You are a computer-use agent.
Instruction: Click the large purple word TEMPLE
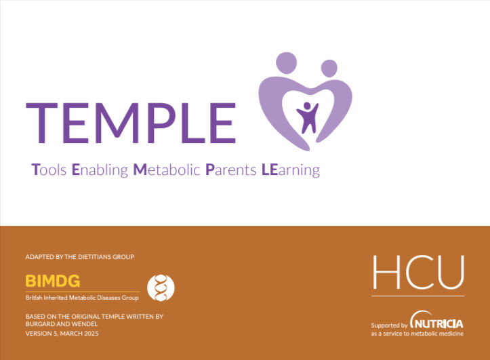tap(131, 123)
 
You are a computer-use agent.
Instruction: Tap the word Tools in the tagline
tap(49, 169)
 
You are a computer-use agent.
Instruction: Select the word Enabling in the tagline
tap(100, 170)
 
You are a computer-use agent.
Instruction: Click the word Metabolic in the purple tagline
tap(167, 169)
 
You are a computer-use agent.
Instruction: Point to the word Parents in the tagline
tap(231, 169)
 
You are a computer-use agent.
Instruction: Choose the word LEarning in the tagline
tap(291, 170)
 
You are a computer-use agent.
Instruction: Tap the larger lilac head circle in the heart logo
tap(286, 63)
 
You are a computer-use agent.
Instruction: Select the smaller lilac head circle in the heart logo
tap(329, 68)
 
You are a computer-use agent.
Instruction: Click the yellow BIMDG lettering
tap(52, 281)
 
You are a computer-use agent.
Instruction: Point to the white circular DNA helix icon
tap(161, 288)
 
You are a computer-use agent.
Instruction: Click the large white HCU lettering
tap(418, 272)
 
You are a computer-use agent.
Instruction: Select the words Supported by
tap(389, 325)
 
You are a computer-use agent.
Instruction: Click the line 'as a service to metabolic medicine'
tap(417, 334)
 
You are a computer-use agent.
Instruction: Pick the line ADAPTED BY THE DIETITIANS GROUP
tap(80, 257)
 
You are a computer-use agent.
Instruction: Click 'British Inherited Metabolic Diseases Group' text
tap(82, 298)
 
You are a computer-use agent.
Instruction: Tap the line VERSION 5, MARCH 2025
tap(62, 334)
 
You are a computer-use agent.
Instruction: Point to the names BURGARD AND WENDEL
tap(62, 324)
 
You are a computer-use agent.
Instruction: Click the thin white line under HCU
tap(418, 296)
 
